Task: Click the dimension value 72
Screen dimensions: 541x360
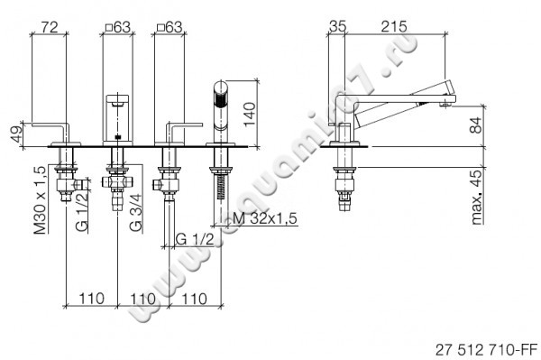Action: coord(50,27)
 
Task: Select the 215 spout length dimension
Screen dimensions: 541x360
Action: coord(394,26)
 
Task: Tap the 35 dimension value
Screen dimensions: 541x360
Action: coord(337,26)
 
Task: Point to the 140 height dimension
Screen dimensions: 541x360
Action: coord(250,114)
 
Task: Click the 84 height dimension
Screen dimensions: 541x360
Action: coord(476,125)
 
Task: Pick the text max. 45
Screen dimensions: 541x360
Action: coord(476,198)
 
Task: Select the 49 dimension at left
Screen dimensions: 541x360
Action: coord(16,135)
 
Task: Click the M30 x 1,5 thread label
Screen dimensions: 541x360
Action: coord(40,200)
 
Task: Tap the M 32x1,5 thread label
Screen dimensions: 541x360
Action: coord(265,218)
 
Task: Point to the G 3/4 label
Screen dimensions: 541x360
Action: coord(135,213)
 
